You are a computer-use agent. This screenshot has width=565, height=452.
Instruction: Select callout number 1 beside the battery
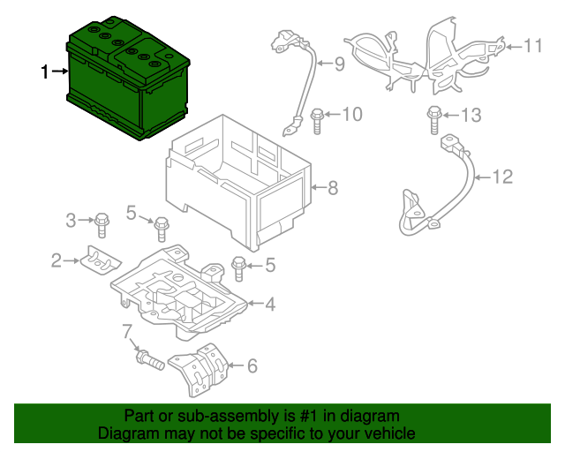46,72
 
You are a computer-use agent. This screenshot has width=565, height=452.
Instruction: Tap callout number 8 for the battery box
333,187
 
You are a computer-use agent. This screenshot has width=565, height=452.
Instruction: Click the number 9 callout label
338,64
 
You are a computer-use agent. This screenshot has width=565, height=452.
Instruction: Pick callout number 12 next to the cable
501,177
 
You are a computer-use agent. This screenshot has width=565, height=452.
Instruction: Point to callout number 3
71,219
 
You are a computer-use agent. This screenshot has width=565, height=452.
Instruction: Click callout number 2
56,260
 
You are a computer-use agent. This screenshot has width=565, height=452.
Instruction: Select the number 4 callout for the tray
270,305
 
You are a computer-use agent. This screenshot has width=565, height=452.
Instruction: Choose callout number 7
127,331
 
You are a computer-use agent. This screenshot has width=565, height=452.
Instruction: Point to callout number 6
252,365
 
